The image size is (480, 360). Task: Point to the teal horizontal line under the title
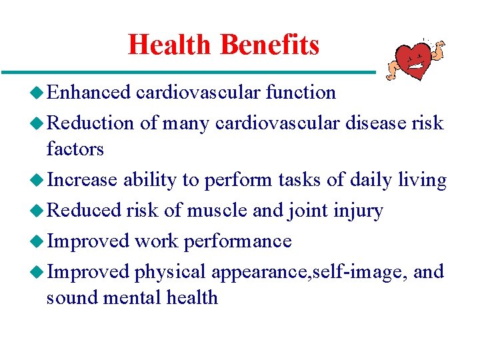point(187,71)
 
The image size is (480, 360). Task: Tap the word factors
point(75,149)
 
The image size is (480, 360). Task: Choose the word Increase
point(83,180)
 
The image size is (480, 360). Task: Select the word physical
point(170,272)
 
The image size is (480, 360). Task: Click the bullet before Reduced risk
point(38,211)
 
